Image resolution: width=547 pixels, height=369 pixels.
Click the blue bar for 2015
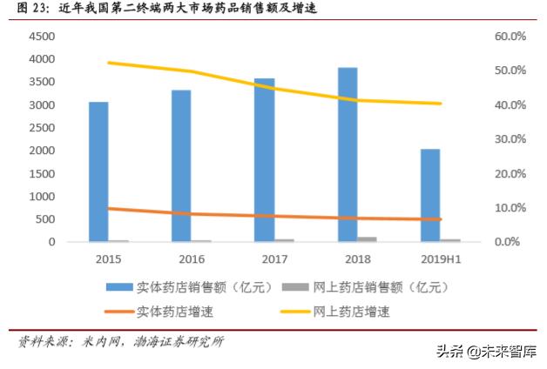pyautogui.click(x=98, y=171)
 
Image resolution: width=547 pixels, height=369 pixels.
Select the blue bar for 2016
pyautogui.click(x=181, y=165)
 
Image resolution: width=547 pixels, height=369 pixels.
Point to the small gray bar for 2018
pyautogui.click(x=368, y=238)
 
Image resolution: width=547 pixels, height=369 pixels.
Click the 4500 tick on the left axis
pyautogui.click(x=43, y=37)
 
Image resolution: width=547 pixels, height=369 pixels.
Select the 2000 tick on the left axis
pyautogui.click(x=43, y=151)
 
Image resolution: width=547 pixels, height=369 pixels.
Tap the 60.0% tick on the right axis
pyautogui.click(x=510, y=37)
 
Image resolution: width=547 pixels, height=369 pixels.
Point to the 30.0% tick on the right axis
pyautogui.click(x=510, y=139)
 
